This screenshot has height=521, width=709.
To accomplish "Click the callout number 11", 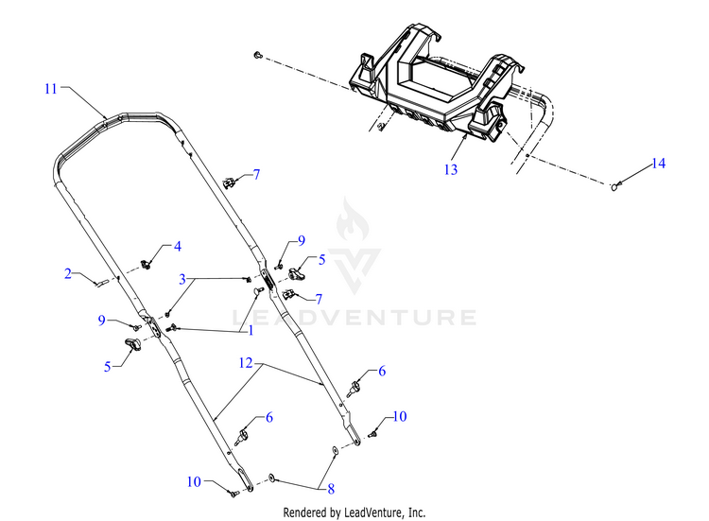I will [50, 89].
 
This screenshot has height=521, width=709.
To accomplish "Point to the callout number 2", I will [68, 274].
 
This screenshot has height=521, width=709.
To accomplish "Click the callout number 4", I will [177, 246].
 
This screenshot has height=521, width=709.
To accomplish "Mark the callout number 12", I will [245, 362].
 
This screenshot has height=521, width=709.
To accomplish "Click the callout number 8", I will [330, 490].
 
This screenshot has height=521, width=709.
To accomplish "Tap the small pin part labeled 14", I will [616, 186].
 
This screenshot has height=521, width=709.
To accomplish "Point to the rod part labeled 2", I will [103, 280].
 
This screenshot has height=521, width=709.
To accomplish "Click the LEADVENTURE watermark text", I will [354, 317].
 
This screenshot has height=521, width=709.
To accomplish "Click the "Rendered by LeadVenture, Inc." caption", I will [354, 512].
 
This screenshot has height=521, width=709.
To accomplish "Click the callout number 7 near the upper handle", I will [254, 176].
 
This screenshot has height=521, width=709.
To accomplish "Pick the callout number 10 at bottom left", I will [194, 481].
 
